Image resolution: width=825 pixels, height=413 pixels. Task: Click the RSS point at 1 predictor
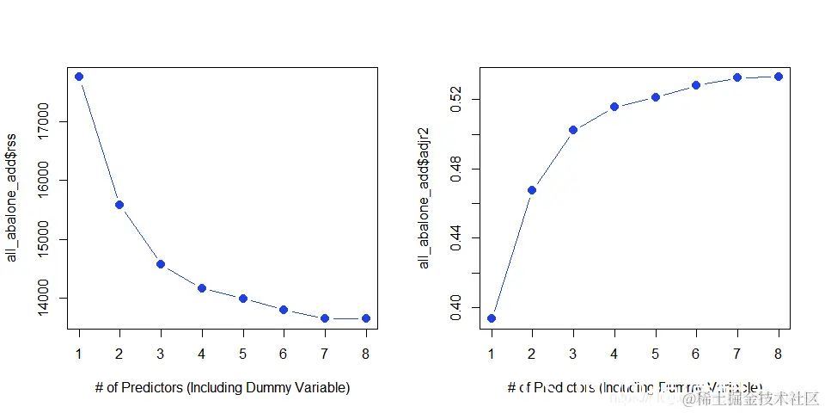point(79,77)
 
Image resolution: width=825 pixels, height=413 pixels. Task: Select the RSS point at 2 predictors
point(119,205)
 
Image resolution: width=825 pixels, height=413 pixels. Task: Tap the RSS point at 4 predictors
point(202,288)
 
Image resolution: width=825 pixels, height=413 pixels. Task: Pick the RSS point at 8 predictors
point(366,318)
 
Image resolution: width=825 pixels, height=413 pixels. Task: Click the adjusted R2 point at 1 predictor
point(492,318)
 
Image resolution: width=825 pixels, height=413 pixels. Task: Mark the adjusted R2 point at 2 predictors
point(532,190)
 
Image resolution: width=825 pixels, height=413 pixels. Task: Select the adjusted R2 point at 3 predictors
point(573,130)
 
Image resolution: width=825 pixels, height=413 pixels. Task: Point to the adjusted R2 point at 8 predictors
point(779,77)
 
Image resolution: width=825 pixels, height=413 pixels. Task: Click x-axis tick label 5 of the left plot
point(243,352)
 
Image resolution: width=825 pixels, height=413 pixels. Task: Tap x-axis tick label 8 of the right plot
point(779,352)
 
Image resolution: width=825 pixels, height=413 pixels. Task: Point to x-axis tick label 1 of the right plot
point(492,352)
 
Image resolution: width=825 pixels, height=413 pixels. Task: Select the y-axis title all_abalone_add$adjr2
point(425,199)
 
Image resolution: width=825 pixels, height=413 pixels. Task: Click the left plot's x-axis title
point(223,388)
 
